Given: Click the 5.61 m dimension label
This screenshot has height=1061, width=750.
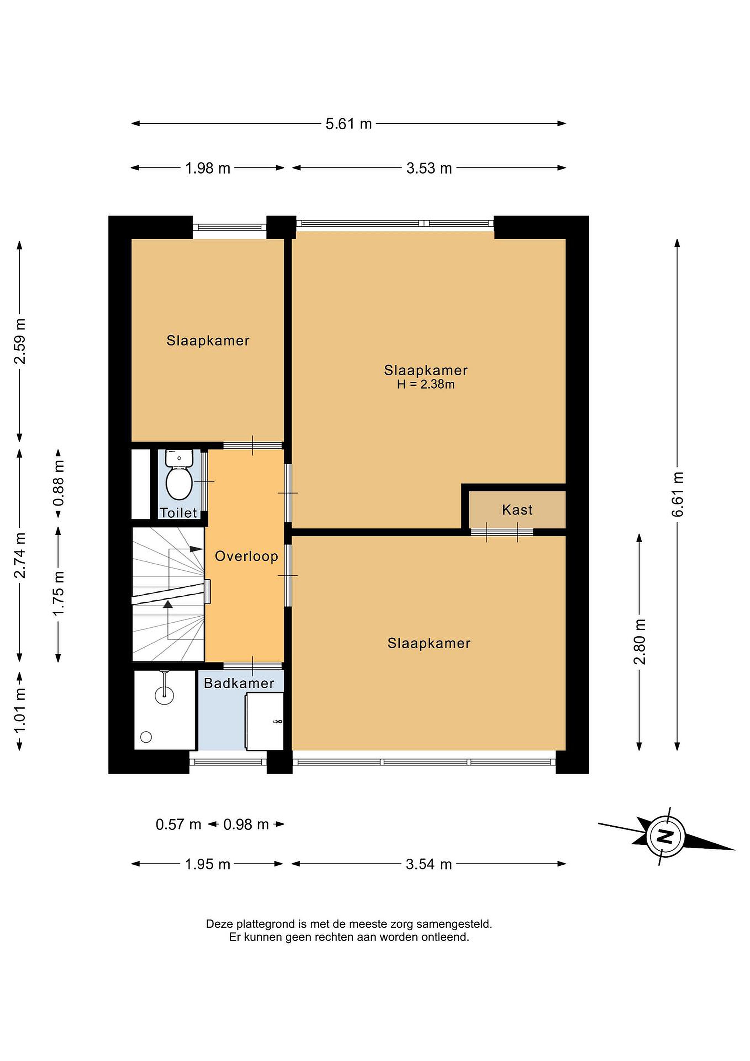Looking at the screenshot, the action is pyautogui.click(x=349, y=124).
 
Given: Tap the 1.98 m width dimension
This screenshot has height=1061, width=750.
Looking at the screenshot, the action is pyautogui.click(x=207, y=168).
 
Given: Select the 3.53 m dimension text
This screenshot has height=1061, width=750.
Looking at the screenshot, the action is pyautogui.click(x=429, y=168).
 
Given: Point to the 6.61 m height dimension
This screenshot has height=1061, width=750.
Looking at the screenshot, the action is pyautogui.click(x=677, y=494).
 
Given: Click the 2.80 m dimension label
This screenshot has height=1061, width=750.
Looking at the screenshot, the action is pyautogui.click(x=640, y=641).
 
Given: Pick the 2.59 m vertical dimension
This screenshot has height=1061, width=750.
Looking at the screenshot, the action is pyautogui.click(x=20, y=341).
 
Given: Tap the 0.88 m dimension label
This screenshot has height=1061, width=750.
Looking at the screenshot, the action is pyautogui.click(x=59, y=483).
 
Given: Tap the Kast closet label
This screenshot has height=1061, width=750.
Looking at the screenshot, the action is pyautogui.click(x=517, y=510).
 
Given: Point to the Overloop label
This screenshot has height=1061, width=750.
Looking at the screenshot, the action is pyautogui.click(x=247, y=556).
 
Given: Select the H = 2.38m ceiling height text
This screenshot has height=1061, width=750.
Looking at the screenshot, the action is pyautogui.click(x=426, y=385).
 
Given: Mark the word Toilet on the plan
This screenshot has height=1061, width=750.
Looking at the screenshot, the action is pyautogui.click(x=178, y=512).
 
